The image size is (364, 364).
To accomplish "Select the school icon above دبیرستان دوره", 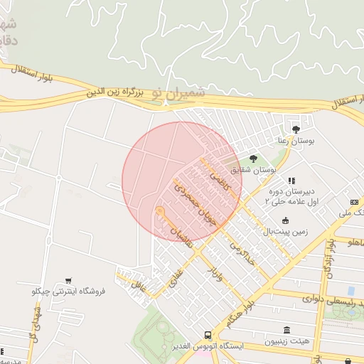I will [291, 181].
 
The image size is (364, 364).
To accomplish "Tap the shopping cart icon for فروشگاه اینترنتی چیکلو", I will [68, 280].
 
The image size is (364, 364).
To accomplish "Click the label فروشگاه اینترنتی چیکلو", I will [69, 291].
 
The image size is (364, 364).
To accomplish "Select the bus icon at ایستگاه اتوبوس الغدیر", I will [207, 334].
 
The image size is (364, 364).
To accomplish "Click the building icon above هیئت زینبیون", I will [287, 330].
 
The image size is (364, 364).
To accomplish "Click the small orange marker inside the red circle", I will [160, 211].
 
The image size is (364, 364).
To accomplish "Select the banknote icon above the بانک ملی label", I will [353, 203].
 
